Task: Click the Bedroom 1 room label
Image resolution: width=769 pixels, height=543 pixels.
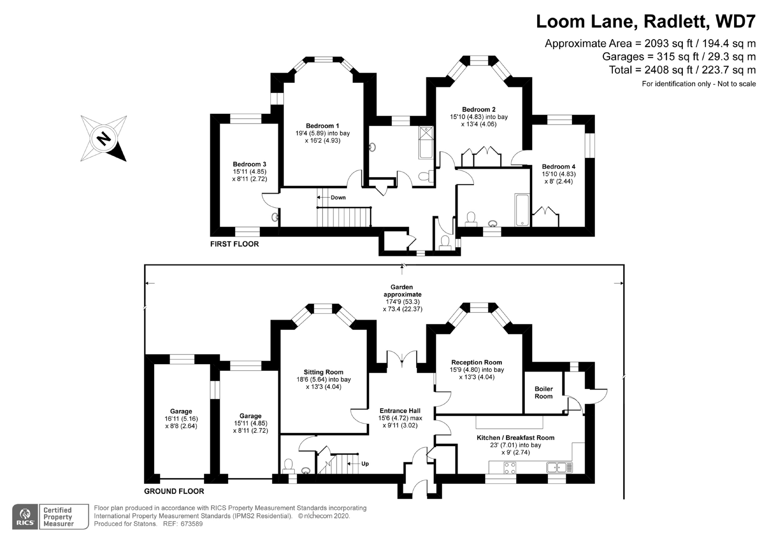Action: [322, 126]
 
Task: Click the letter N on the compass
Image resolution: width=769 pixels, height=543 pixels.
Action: [103, 138]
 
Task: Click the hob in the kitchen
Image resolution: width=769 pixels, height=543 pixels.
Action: [510, 468]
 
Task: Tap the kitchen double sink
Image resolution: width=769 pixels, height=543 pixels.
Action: [557, 467]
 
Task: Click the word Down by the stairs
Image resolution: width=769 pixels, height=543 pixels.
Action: [338, 197]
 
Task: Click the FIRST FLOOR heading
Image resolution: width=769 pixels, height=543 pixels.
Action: [234, 244]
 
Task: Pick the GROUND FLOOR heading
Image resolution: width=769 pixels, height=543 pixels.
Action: [174, 491]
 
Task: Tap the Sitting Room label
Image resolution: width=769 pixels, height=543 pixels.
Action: [323, 372]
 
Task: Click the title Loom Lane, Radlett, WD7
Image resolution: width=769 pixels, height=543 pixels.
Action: [646, 22]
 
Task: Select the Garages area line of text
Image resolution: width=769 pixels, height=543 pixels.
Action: [679, 57]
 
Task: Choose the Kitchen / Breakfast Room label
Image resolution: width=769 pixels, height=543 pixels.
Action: [515, 438]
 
